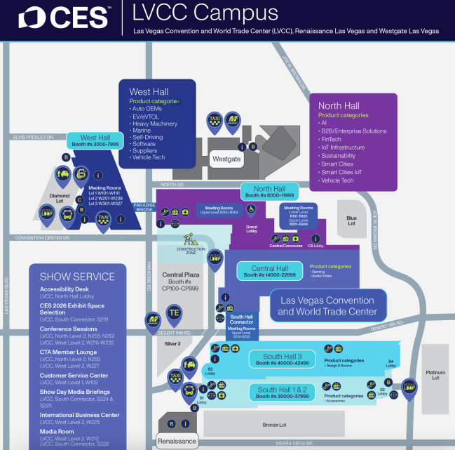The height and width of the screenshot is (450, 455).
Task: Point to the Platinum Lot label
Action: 435,374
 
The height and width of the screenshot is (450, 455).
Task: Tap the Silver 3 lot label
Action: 172,343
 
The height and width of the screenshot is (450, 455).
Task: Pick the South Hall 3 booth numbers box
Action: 283,359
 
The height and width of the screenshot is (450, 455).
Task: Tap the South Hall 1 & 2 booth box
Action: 283,392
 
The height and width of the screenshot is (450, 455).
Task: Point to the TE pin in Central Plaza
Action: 174,312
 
